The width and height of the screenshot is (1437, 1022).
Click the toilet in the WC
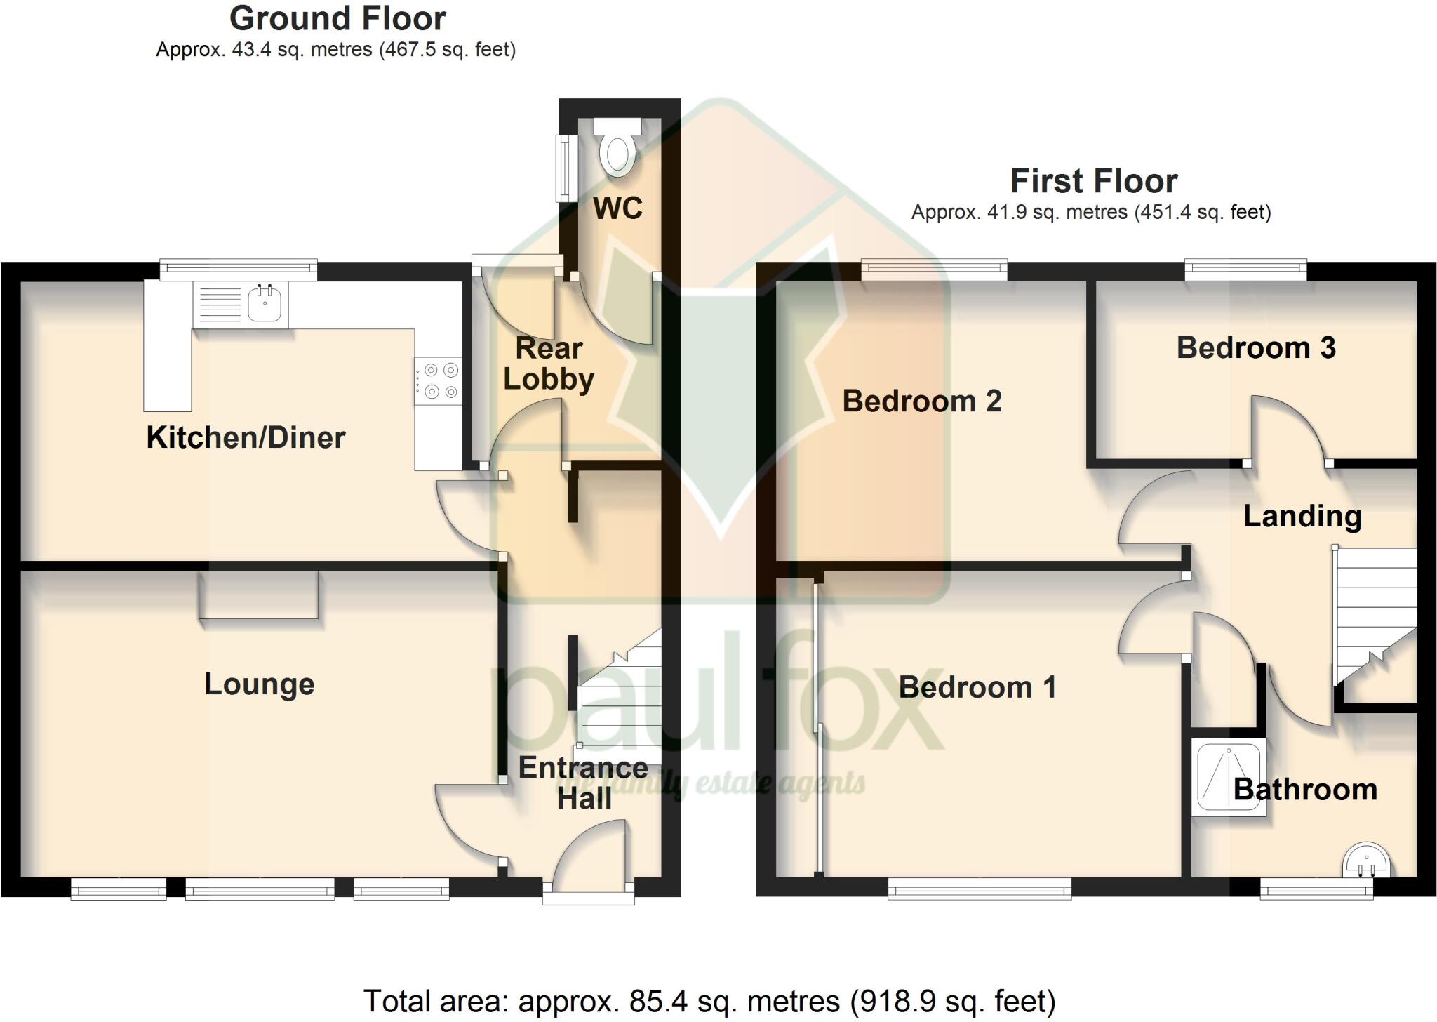pos(617,150)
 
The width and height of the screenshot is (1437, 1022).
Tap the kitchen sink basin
pos(265,305)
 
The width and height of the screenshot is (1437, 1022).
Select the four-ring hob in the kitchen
pos(439,381)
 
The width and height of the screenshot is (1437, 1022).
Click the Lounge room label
pos(259,684)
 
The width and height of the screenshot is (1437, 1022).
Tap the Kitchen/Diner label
pos(246,438)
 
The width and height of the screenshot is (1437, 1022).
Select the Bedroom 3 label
pos(1255,348)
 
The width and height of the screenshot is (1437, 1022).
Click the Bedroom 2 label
pos(921,401)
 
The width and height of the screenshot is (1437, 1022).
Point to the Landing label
pos(1302,517)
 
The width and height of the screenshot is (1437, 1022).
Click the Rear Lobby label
pos(549,364)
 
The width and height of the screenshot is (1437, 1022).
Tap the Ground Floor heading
pos(337,19)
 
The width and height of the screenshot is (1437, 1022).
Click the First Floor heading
pos(1093,182)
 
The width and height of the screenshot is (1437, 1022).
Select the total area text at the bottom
pos(709,1001)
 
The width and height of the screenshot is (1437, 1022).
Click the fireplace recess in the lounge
pos(258,595)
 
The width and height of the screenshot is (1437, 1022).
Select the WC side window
pos(565,166)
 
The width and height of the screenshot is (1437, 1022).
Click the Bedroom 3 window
pos(1245,269)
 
